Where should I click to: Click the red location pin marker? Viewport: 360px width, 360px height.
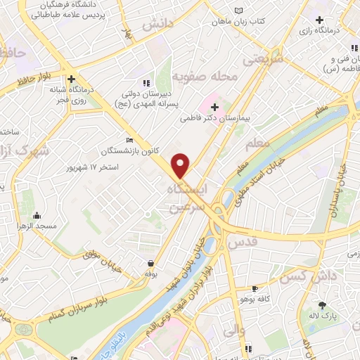click(x=181, y=165)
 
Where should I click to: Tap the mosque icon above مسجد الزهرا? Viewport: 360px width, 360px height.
click(x=36, y=216)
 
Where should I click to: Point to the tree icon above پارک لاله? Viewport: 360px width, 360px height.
click(x=323, y=304)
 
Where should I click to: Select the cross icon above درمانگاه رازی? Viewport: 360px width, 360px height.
click(x=320, y=20)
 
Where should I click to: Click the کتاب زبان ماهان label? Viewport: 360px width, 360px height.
click(x=240, y=22)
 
